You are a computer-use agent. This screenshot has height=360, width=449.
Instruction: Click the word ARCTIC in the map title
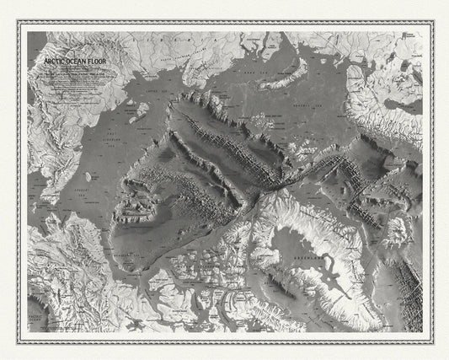click(45, 62)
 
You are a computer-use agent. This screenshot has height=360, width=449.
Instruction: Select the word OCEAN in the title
click(69, 62)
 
